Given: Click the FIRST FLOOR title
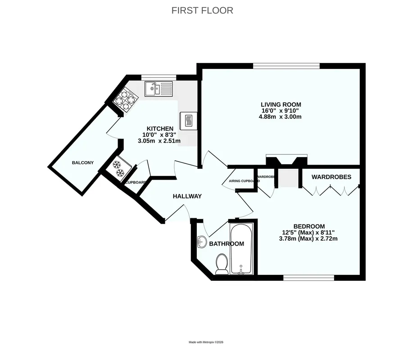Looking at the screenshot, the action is [202, 10].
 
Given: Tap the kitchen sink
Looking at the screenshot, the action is [158, 89].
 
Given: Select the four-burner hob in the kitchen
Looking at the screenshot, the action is [126, 100].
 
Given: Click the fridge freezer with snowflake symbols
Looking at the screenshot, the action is [118, 169].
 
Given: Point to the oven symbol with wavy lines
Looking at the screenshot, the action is [188, 121].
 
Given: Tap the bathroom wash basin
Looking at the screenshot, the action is [201, 242].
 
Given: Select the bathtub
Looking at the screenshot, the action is [241, 249].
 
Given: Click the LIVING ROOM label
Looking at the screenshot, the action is [281, 104].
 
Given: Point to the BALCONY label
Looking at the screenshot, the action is [83, 163].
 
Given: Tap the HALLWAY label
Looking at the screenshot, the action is [187, 196].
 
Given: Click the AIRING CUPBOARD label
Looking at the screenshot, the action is [244, 181].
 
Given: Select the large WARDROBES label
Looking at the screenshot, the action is [331, 177].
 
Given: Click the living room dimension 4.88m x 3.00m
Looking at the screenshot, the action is [280, 117].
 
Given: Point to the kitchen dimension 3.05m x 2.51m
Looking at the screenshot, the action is [159, 141].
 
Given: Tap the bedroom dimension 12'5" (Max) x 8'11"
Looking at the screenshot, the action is [308, 233].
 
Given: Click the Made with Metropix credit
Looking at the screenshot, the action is [206, 342].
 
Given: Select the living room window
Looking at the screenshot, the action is [286, 66].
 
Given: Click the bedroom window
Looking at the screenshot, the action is [309, 278].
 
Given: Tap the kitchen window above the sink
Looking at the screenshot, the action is [158, 77].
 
